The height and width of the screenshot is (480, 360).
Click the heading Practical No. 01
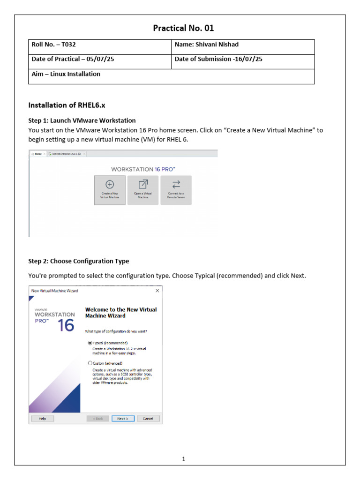[x=183, y=28]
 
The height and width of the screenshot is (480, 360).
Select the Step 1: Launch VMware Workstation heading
[x=82, y=120]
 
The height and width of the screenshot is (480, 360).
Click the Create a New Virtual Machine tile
[x=110, y=190]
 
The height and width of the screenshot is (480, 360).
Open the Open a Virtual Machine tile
[x=143, y=190]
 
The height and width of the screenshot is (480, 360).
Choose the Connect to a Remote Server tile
[x=176, y=190]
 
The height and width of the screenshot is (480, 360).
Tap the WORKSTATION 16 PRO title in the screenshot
[x=143, y=169]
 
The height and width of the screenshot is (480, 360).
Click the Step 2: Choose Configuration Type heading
[x=79, y=261]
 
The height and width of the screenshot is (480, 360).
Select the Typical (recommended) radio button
[x=90, y=343]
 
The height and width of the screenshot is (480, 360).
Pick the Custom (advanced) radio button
[x=90, y=363]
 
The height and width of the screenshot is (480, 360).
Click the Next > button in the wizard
[x=123, y=419]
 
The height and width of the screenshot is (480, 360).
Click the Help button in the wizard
[x=42, y=419]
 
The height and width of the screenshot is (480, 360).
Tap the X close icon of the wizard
[x=157, y=291]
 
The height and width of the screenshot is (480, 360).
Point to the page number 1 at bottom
[x=184, y=459]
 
